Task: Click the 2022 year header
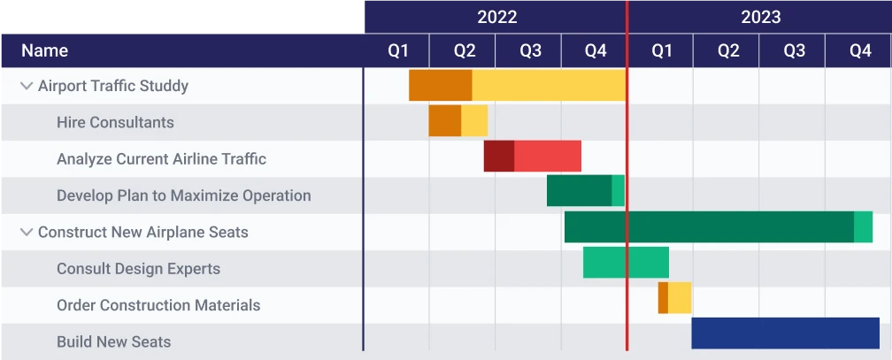[496, 17]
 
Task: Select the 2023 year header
[760, 17]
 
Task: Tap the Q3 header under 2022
[529, 51]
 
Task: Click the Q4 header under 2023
[859, 51]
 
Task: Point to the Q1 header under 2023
[661, 51]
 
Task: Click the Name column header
[44, 51]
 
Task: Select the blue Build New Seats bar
[785, 333]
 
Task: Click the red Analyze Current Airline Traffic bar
[547, 156]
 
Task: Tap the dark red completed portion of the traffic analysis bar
[498, 156]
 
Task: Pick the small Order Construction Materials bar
[674, 298]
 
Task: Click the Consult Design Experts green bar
[626, 263]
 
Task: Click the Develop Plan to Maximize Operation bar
[585, 191]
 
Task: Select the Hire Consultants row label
[115, 123]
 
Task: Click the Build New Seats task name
[113, 341]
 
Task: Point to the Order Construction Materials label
[158, 305]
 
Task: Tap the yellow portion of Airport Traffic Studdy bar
[549, 85]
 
